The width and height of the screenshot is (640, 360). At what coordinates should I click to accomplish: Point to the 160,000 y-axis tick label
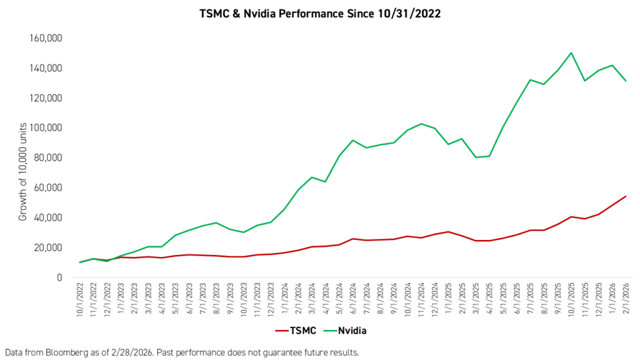pos(46,38)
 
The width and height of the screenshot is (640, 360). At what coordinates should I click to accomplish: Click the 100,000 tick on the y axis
pos(46,127)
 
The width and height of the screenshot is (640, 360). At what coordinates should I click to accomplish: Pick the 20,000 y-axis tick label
pos(49,247)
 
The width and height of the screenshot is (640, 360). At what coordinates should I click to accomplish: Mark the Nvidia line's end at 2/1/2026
pos(626,81)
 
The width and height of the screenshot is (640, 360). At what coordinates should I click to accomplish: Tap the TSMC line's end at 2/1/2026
pos(626,196)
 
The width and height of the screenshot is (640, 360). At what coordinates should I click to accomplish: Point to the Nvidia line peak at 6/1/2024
pos(353,140)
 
